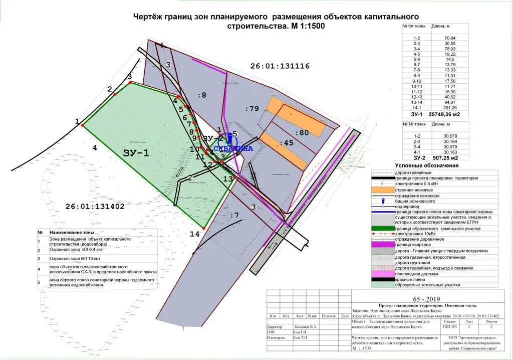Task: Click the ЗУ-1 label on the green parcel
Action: (136, 153)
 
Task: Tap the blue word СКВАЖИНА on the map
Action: (233, 148)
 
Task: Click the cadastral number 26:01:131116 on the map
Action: (280, 66)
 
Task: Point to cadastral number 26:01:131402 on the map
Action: (95, 206)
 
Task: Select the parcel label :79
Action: (252, 109)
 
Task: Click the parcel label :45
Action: (287, 143)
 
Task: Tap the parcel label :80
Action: (302, 133)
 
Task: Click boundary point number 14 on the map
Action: (194, 234)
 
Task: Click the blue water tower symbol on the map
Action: (229, 136)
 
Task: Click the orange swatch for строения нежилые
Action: (382, 191)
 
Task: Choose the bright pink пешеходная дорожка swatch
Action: (382, 273)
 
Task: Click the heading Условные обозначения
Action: (426, 165)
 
